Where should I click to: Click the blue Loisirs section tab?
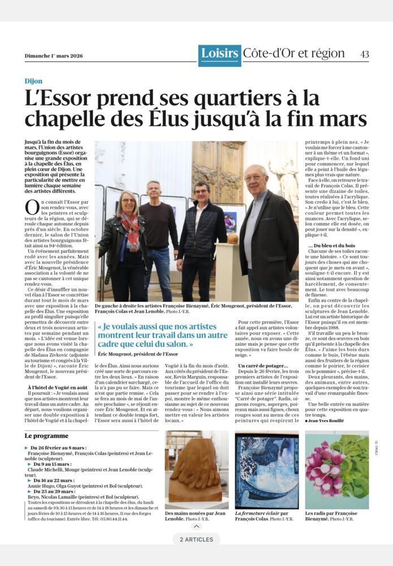219,54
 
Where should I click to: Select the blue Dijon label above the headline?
33,81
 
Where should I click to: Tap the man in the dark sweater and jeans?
159,232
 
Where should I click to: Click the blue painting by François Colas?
266,470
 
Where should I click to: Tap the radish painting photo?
336,470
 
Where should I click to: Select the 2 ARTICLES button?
196,539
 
